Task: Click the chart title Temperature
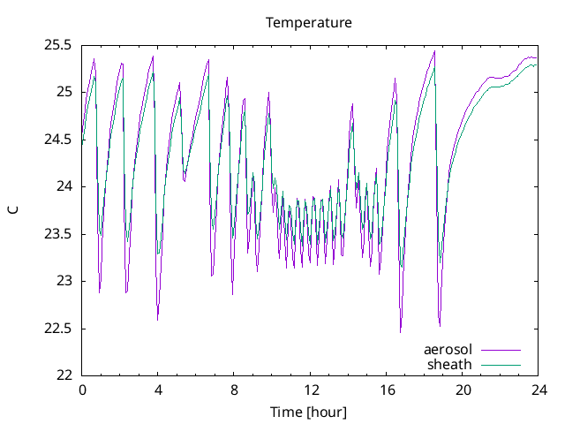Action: click(309, 22)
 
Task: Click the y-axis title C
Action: click(12, 209)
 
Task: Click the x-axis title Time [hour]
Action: click(309, 413)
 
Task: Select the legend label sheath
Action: click(449, 364)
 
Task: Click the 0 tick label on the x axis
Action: click(82, 390)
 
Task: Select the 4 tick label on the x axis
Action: click(158, 390)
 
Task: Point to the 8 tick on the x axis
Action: click(234, 390)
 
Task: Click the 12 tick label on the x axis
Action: click(310, 390)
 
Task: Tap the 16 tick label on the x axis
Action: click(386, 390)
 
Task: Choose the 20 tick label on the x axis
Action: click(462, 390)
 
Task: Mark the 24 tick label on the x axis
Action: click(538, 390)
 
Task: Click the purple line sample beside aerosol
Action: click(501, 350)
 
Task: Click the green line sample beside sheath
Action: click(501, 364)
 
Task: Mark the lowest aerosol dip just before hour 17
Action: click(400, 331)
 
